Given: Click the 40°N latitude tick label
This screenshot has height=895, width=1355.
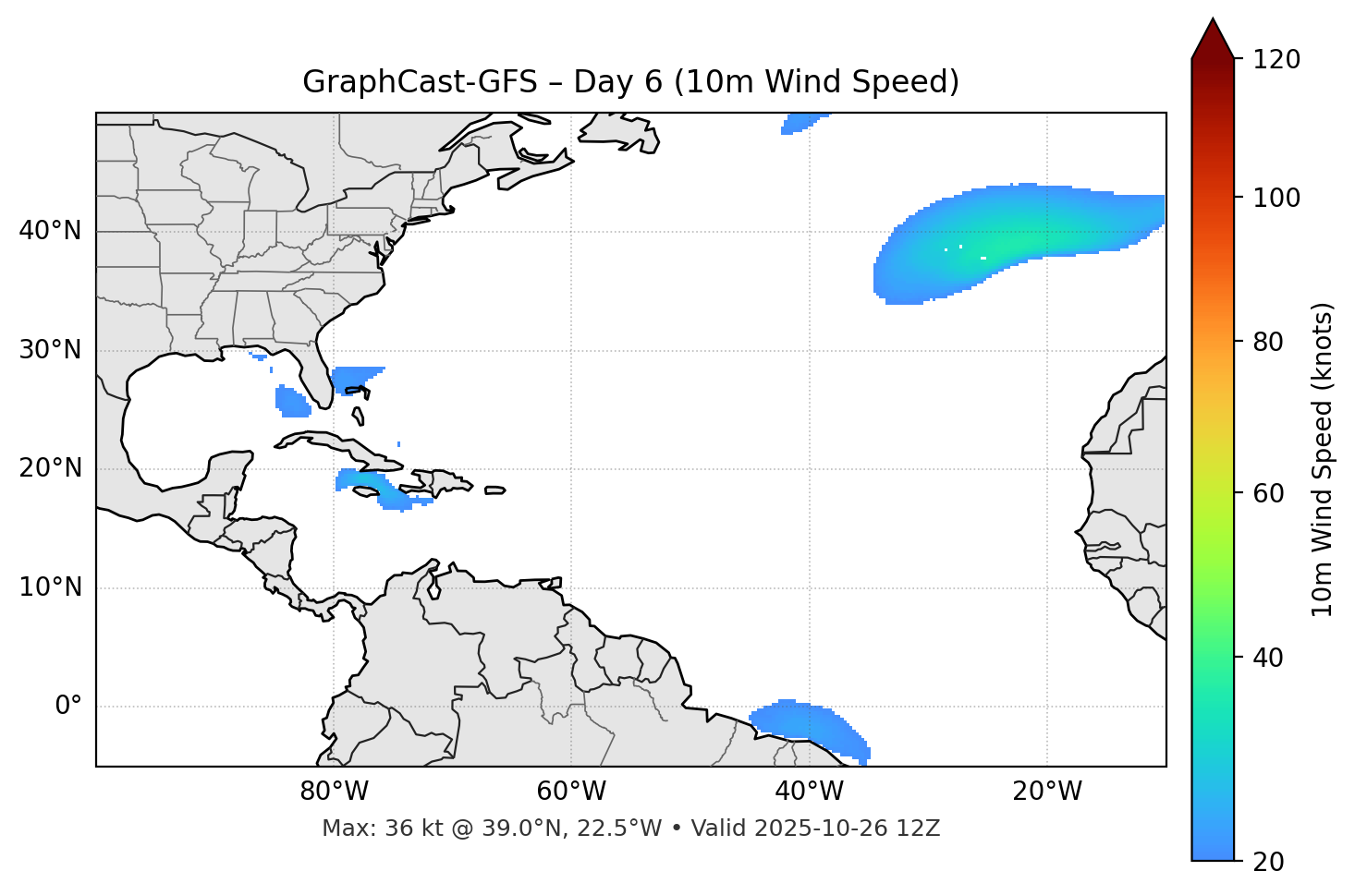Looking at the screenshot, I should tap(50, 231).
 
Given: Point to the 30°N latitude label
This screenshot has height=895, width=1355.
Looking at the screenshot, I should tap(50, 350).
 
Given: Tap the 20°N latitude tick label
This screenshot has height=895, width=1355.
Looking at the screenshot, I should tap(50, 469).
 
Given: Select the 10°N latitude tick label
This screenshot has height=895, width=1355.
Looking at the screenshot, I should tap(50, 587).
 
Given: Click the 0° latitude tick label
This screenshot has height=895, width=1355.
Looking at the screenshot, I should tap(68, 707).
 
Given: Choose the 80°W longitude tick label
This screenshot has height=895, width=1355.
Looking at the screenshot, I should tap(334, 792).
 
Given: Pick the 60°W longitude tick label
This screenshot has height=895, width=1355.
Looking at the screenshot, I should tap(571, 792).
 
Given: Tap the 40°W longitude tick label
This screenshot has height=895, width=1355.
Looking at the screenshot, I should tap(809, 792).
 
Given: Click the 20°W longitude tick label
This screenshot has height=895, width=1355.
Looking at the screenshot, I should tap(1047, 792).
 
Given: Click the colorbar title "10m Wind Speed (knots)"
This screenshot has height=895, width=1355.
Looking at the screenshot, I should tap(1323, 460).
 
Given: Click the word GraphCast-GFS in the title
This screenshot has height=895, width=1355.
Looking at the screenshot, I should tap(420, 82).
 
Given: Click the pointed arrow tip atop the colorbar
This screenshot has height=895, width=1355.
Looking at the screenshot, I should tap(1213, 22).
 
